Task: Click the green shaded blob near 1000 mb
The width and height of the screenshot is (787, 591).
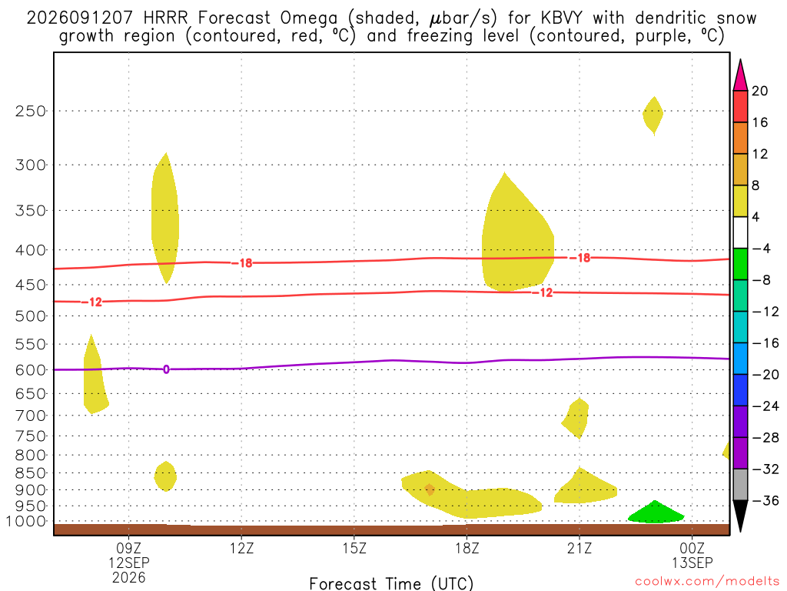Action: tap(656, 513)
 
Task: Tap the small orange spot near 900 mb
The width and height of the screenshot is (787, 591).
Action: tap(429, 489)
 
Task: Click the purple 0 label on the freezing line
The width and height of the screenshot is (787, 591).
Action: tap(166, 369)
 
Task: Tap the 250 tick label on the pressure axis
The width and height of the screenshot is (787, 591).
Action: tap(30, 111)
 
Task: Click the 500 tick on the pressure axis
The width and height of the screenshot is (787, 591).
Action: tap(30, 316)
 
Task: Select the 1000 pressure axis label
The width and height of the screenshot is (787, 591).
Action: tap(26, 522)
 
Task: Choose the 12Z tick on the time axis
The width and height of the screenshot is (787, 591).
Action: tap(241, 548)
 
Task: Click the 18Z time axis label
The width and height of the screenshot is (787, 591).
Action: tap(467, 548)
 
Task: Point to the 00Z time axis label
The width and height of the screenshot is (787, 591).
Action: tap(692, 548)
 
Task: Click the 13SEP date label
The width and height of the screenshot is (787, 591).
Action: tap(692, 563)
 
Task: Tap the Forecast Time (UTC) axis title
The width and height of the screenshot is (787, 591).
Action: tap(391, 583)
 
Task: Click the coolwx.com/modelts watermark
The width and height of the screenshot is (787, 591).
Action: tap(707, 582)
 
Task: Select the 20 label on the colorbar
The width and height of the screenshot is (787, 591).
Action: tap(759, 91)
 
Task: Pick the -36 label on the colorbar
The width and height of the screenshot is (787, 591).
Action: tap(765, 500)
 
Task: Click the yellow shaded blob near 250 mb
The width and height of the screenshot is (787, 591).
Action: tap(653, 115)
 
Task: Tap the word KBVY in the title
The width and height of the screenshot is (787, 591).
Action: tap(561, 18)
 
